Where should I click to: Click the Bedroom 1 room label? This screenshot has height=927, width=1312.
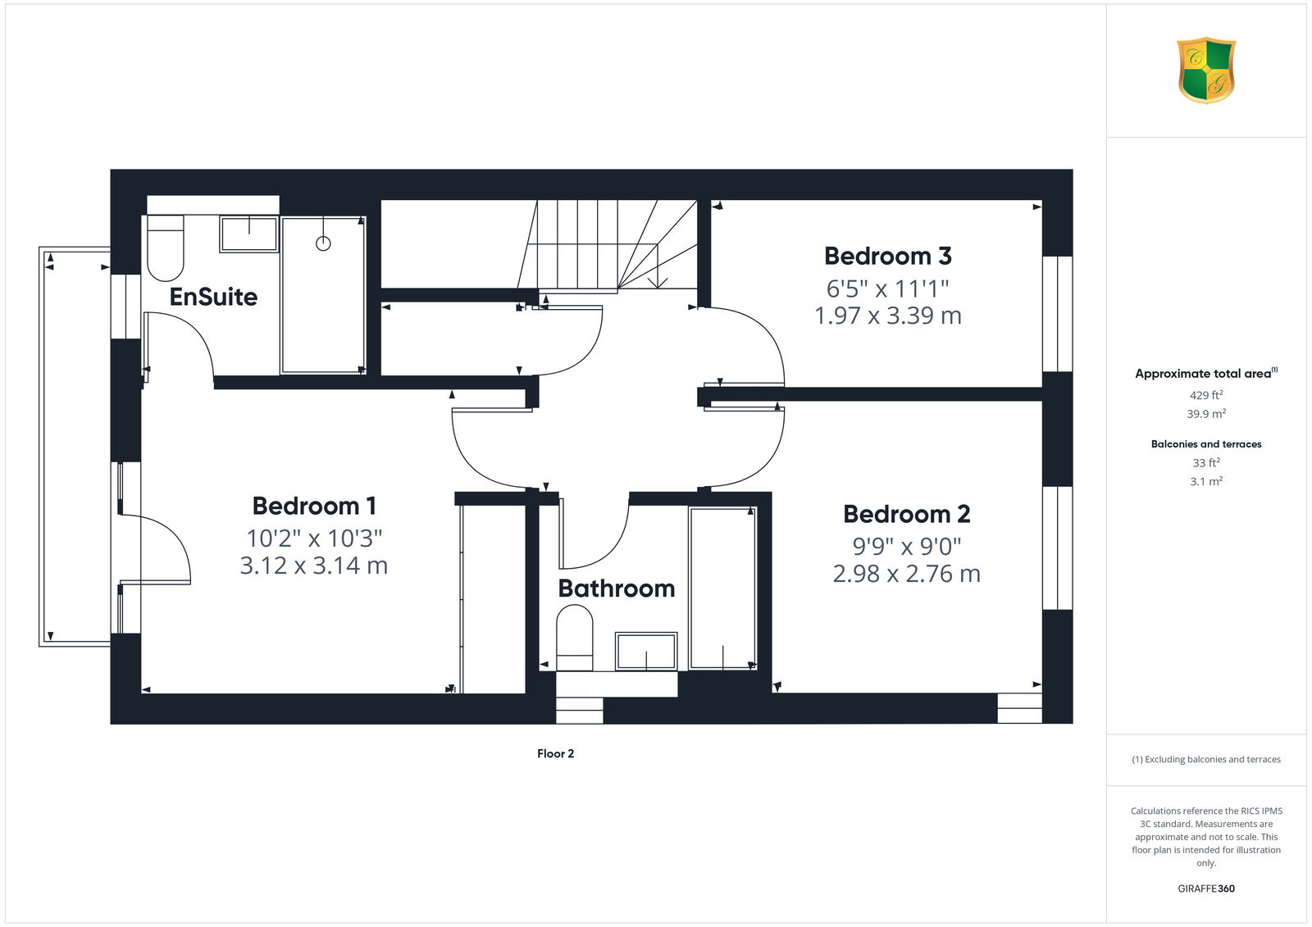point(314,506)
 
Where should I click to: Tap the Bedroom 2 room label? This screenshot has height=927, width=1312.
point(907,514)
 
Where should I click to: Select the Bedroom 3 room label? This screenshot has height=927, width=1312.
point(888,256)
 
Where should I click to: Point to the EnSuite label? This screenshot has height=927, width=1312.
point(213,297)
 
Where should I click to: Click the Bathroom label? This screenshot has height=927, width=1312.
point(616,588)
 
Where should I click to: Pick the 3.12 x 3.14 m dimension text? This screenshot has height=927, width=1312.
point(314,566)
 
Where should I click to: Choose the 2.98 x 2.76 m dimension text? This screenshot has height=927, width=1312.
point(907,574)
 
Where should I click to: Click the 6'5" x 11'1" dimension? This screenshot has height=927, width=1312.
point(888,289)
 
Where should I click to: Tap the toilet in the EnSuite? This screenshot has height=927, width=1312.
point(165,248)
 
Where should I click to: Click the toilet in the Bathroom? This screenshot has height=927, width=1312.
point(575,638)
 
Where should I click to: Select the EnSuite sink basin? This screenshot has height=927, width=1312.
point(248,234)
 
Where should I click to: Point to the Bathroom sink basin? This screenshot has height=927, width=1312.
point(646,651)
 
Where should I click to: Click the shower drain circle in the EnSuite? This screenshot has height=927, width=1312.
point(323,243)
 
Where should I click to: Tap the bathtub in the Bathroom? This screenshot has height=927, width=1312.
point(722,588)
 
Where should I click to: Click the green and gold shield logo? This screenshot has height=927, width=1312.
point(1206,70)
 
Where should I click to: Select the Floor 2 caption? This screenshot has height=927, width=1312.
point(555,754)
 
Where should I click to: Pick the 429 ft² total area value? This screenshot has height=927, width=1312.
point(1206,395)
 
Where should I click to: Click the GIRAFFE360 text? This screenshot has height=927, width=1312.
point(1206,888)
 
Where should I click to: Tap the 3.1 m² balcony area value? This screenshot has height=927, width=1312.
point(1206,481)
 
